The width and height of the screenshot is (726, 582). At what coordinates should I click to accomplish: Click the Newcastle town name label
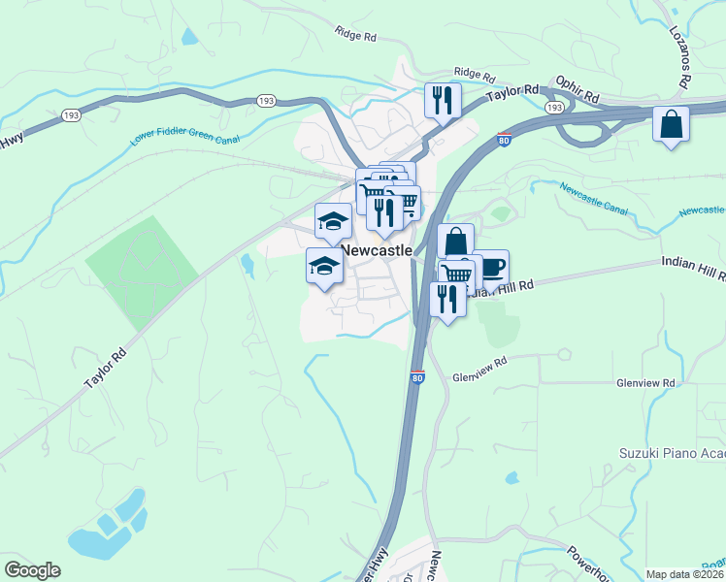(377, 250)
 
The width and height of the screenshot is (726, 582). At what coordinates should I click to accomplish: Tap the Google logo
(32, 570)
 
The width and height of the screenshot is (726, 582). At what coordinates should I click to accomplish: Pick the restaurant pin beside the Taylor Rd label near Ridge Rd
(443, 100)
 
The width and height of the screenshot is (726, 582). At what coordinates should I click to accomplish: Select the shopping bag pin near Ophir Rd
(671, 124)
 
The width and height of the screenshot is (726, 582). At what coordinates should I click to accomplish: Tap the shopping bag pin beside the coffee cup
(454, 241)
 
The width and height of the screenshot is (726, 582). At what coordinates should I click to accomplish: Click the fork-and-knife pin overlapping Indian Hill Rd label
(446, 298)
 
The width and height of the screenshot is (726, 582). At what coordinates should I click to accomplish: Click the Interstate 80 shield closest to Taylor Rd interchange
(504, 141)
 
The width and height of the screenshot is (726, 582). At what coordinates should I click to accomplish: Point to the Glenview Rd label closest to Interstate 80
(480, 363)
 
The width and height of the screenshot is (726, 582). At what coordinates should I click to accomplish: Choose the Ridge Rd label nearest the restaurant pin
(475, 73)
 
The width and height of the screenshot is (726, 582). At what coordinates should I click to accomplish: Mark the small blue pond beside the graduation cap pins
(247, 264)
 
